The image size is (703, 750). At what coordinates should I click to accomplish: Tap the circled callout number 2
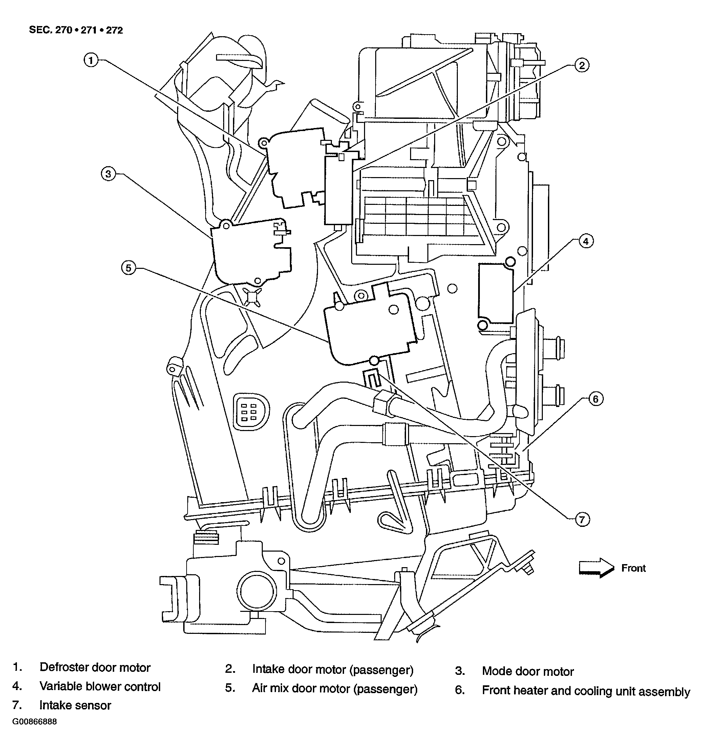click(581, 66)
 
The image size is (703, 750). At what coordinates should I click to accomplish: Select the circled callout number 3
click(108, 174)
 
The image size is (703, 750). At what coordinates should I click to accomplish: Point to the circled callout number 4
click(585, 241)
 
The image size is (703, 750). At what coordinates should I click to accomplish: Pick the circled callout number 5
click(128, 268)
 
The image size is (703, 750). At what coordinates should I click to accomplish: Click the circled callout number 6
click(595, 399)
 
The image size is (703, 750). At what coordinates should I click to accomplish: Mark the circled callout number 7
click(582, 520)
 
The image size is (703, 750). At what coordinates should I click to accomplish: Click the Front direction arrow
click(597, 568)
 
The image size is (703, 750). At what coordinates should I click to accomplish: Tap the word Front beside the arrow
click(634, 568)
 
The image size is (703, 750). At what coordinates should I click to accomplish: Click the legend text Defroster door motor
click(95, 667)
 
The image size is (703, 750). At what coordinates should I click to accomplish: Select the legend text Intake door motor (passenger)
click(333, 670)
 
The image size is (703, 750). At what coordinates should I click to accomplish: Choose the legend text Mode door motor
click(528, 671)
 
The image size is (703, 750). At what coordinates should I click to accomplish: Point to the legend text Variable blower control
click(100, 687)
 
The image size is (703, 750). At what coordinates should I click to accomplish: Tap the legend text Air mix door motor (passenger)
click(335, 689)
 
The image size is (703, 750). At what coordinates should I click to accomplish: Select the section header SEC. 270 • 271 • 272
click(76, 30)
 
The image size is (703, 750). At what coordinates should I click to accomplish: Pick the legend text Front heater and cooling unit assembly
click(586, 691)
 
